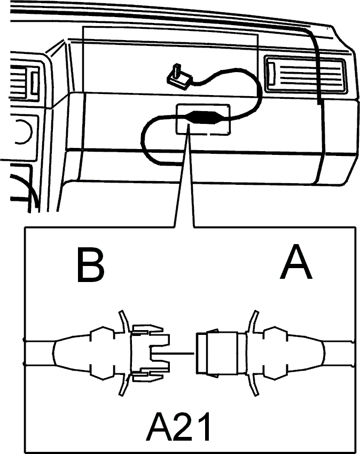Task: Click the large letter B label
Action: (90, 264)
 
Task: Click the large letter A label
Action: (296, 262)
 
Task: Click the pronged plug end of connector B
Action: (151, 353)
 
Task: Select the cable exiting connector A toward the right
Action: (338, 353)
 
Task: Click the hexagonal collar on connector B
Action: (103, 353)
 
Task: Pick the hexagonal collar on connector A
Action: (276, 353)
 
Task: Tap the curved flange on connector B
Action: (125, 353)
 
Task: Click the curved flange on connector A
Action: (251, 353)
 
